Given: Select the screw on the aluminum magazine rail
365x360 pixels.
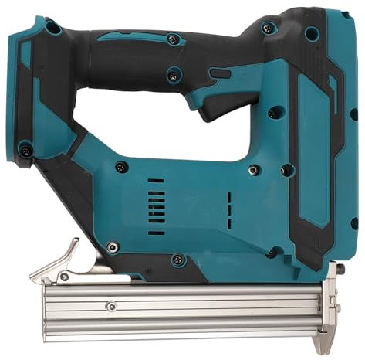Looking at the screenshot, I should [112, 306].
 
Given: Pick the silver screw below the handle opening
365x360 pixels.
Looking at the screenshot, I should [252, 170].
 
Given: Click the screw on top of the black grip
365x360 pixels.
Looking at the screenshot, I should [172, 39].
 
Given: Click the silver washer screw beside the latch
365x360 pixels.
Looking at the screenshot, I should [113, 247].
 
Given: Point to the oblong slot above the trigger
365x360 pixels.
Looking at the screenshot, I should [220, 73].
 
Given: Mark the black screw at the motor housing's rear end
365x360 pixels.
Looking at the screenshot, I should [122, 166].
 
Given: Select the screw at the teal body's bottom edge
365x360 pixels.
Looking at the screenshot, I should [178, 259].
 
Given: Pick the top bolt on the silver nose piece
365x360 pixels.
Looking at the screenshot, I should [336, 270].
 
